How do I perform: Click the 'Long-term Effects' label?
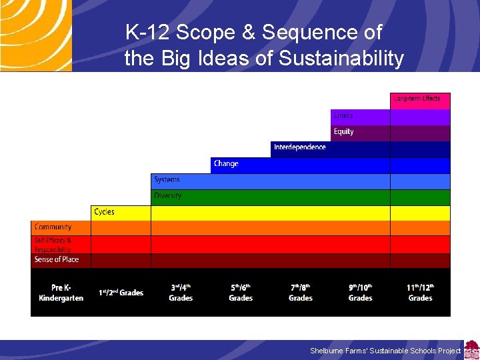[x=417, y=99]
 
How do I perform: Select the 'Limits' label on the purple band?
[x=343, y=116]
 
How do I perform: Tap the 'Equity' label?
[x=344, y=132]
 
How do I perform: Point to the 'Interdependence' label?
[x=300, y=147]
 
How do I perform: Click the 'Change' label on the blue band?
[x=226, y=163]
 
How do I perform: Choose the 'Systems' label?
[x=167, y=180]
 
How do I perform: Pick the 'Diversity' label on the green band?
[x=168, y=196]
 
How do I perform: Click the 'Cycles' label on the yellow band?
[x=104, y=212]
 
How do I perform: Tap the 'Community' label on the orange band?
[x=53, y=227]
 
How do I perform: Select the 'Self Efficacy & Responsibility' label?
[x=53, y=245]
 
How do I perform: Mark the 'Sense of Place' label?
[x=57, y=259]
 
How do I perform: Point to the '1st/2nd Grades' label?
[x=121, y=293]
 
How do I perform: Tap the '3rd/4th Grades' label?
[x=181, y=293]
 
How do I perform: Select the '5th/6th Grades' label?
[x=241, y=293]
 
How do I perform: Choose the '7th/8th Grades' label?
[x=301, y=293]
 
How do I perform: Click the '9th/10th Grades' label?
[x=361, y=293]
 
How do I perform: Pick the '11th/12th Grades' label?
[x=421, y=293]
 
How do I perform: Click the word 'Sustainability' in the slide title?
[x=341, y=59]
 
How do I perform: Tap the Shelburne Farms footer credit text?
[x=385, y=351]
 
